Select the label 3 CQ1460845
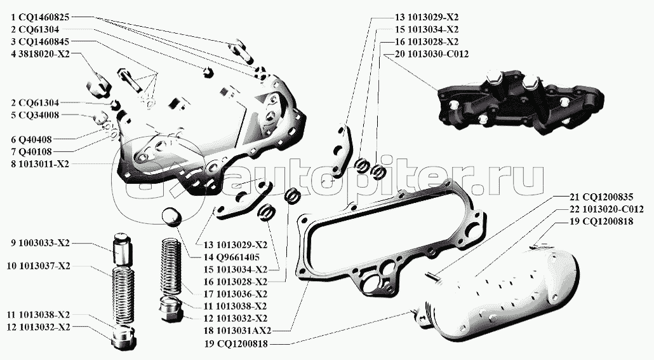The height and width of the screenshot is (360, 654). [x=41, y=41]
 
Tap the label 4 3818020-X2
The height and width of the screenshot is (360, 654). [x=40, y=54]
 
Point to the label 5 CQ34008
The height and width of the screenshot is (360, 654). [x=36, y=115]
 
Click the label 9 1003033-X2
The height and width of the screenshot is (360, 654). [x=40, y=243]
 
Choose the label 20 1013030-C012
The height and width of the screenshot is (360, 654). [x=431, y=54]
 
